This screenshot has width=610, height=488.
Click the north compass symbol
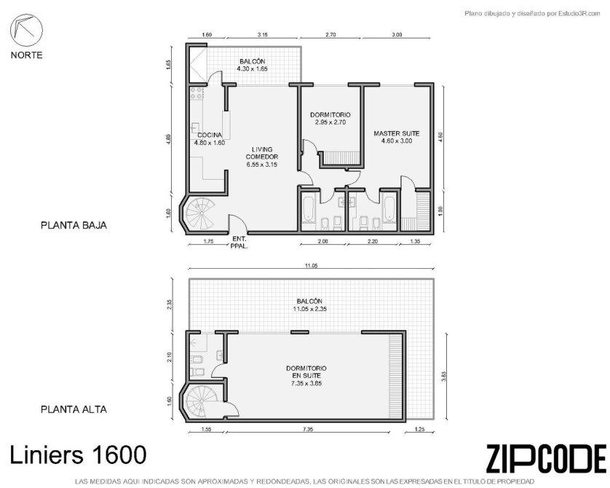[x=26, y=31]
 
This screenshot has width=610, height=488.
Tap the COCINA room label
[x=210, y=135]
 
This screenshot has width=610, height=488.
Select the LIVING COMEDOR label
[x=262, y=153]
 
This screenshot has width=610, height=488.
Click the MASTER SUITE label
[x=397, y=133]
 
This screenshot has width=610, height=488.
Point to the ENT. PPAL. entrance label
[x=239, y=243]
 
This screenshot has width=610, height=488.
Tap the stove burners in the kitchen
[x=197, y=93]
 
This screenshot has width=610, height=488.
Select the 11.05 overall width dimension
[x=312, y=266]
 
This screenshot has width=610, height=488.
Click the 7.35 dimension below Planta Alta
[x=307, y=429]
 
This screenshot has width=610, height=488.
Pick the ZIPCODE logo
[x=546, y=458]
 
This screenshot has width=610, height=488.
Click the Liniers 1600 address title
[x=78, y=454]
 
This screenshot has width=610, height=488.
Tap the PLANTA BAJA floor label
[x=74, y=225]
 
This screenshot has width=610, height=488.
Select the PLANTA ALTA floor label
[x=74, y=409]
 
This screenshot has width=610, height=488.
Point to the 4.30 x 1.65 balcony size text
[x=253, y=69]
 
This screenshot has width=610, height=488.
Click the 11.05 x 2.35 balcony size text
[x=309, y=309]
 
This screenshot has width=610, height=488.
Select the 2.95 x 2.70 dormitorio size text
[x=330, y=122]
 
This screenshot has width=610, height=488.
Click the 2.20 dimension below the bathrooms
[x=372, y=241]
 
